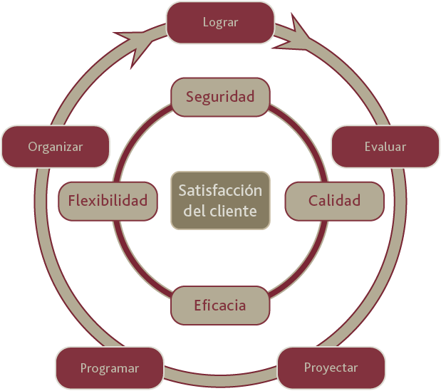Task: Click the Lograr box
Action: click(x=221, y=23)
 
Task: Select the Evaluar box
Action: click(x=385, y=147)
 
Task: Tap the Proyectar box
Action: click(x=331, y=367)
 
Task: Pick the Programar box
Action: click(x=110, y=368)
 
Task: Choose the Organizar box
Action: click(x=56, y=147)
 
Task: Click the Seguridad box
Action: click(x=221, y=97)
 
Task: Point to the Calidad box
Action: click(x=334, y=201)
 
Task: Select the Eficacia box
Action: click(x=220, y=306)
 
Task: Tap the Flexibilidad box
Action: click(x=108, y=201)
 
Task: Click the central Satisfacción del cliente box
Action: click(x=221, y=200)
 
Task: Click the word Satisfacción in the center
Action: click(x=220, y=190)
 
